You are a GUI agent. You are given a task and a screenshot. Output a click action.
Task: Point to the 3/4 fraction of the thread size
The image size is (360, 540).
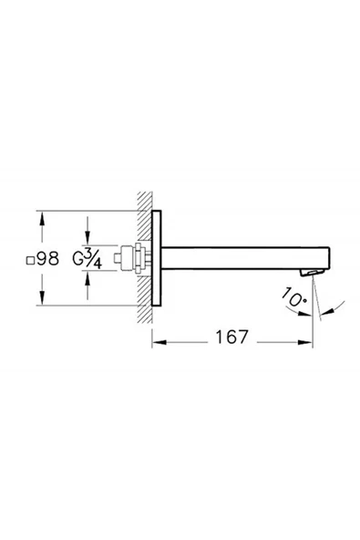coord(90,259)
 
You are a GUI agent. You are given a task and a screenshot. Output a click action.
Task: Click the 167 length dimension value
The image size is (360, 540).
coord(231,337)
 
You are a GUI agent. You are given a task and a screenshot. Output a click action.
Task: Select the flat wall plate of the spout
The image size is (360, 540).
coord(159,259)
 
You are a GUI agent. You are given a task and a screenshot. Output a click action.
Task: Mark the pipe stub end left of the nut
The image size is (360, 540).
coord(118,259)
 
